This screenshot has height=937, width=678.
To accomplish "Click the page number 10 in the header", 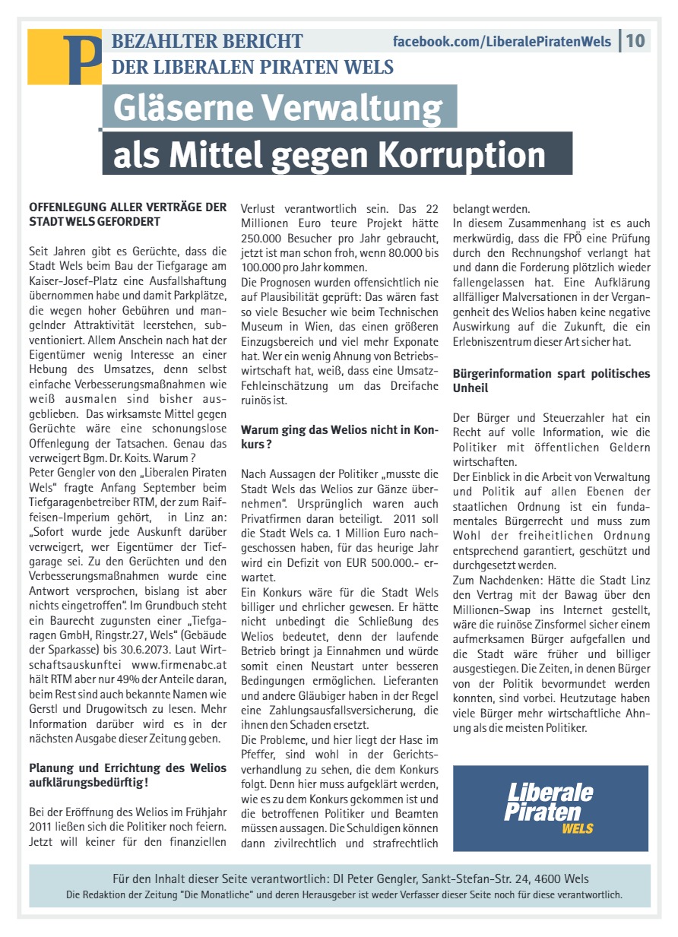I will [x=635, y=40].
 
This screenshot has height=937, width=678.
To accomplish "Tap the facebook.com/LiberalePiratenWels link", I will [x=502, y=42].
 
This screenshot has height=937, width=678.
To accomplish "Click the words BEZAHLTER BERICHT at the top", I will [x=207, y=41].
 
